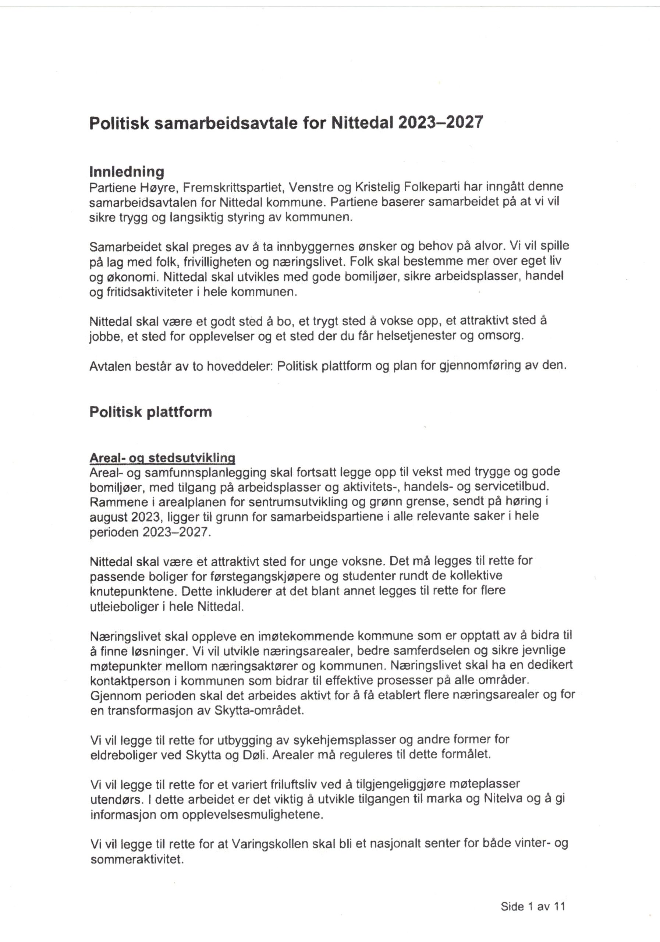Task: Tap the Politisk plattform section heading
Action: coord(150,412)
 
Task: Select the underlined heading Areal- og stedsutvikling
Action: coord(163,458)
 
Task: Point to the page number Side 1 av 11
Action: coord(533,906)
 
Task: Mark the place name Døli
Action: coord(255,754)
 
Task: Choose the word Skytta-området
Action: coord(259,710)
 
